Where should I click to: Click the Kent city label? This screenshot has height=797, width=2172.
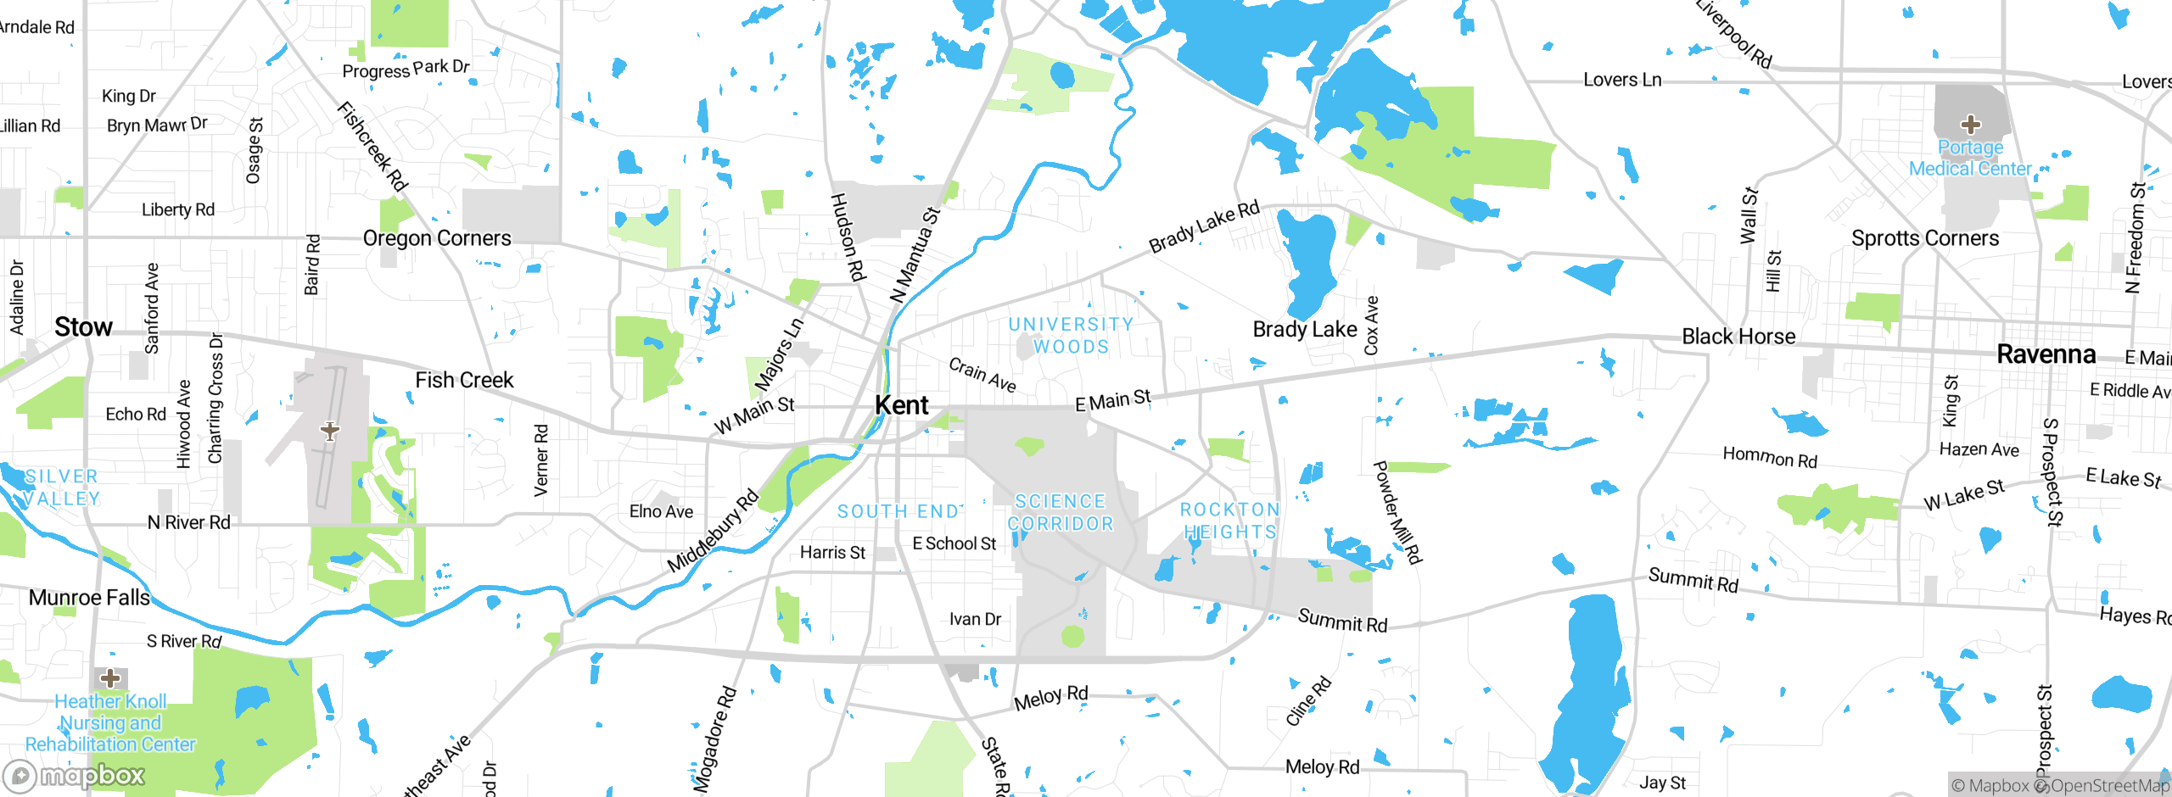pos(902,405)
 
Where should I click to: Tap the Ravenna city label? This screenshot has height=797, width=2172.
pos(2046,354)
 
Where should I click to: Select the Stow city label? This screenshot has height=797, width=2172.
pos(83,327)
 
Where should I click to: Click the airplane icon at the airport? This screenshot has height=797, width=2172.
pos(330,431)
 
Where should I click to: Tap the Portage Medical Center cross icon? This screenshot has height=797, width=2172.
pos(1970,125)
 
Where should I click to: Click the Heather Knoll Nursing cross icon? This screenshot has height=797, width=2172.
pos(110,678)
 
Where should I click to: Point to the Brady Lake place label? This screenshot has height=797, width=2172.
pos(1305,329)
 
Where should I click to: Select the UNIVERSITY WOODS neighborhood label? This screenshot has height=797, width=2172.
pos(1071,336)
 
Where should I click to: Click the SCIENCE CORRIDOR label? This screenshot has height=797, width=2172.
pos(1061,513)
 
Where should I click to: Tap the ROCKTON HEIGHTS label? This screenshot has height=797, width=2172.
pos(1230,521)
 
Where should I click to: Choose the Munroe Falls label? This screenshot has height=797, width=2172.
pos(89,598)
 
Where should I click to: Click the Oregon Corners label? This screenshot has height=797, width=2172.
pos(437,238)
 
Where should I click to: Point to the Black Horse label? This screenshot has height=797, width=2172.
pos(1738,337)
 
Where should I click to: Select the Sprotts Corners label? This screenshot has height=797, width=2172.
pos(1925,238)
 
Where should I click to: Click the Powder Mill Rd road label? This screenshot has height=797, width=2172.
pos(1397,512)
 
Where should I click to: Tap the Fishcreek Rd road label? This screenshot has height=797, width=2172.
pos(372,146)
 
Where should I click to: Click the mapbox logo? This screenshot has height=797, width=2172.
pos(75,775)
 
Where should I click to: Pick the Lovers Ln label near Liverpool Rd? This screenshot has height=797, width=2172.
pos(1622,80)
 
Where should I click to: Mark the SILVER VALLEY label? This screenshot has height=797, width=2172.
pos(61,488)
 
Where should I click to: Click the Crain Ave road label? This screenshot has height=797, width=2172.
pos(982,375)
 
